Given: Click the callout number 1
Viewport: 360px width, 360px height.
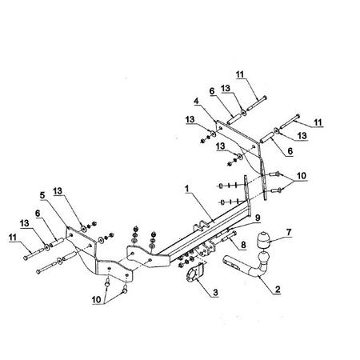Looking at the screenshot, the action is point(187,189).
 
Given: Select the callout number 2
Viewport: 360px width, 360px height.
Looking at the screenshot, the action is point(278,289).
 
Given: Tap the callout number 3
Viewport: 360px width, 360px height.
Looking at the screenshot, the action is point(215,292).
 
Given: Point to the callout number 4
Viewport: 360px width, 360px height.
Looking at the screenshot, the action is point(196,101).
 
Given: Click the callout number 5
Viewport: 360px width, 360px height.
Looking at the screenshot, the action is point(42,195).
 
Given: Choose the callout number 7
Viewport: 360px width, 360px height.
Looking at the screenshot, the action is point(289,232).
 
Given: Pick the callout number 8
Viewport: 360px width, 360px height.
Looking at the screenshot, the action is point(243,245).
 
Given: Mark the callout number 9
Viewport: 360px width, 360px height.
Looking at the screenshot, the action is point(258,218).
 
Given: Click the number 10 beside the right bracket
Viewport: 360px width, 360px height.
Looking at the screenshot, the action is point(302,176).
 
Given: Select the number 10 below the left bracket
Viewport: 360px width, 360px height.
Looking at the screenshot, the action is point(97,300).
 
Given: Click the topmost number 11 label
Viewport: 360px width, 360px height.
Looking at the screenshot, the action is point(240,74).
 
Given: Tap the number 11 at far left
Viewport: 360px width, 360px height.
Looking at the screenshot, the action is point(13,238).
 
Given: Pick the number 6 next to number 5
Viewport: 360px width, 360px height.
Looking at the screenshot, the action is point(38,213).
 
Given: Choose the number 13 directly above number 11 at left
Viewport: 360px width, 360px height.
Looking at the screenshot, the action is point(25,223).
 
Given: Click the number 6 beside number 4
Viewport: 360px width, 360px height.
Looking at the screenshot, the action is point(212,91).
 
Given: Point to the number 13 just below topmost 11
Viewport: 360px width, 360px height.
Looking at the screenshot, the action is point(226,88).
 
